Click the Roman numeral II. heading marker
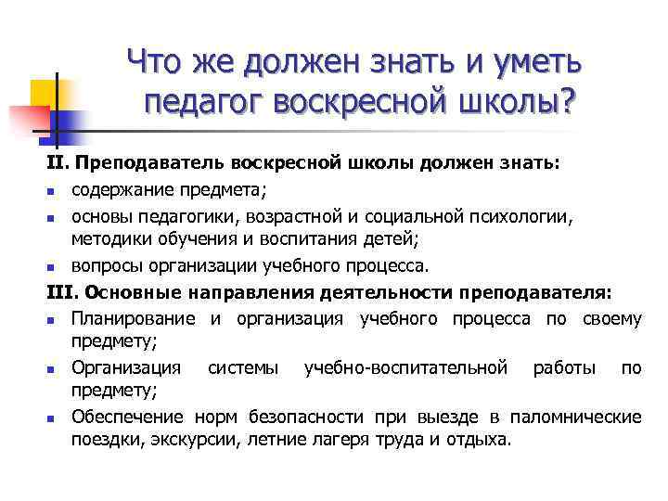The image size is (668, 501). click(58, 164)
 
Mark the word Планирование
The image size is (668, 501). click(134, 319)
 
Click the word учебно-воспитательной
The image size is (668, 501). click(405, 368)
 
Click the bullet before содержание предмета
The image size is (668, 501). click(53, 192)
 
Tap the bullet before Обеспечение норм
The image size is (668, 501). click(53, 417)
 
